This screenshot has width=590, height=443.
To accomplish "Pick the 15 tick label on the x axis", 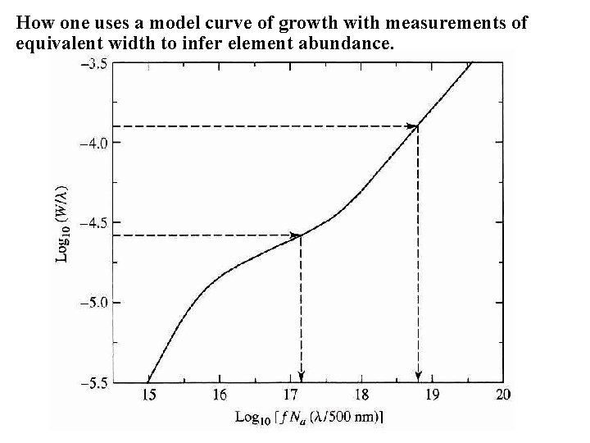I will tap(148, 395).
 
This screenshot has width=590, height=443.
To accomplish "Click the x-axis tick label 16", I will tap(219, 395).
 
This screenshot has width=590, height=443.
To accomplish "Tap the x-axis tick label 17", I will tap(290, 395).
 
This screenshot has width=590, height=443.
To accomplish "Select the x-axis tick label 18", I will tap(361, 395).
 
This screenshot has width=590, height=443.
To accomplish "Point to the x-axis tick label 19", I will tap(432, 395).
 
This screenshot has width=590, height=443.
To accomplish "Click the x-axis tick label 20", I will tap(502, 395).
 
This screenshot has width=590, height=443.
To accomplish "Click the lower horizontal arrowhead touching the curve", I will tap(296, 235).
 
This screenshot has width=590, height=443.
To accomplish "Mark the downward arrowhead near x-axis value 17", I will tap(302, 377).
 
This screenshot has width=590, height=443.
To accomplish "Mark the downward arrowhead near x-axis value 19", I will tap(419, 377).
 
